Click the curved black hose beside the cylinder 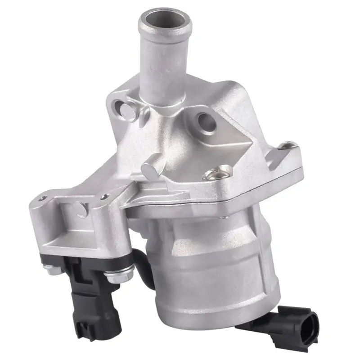pos(144,265)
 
